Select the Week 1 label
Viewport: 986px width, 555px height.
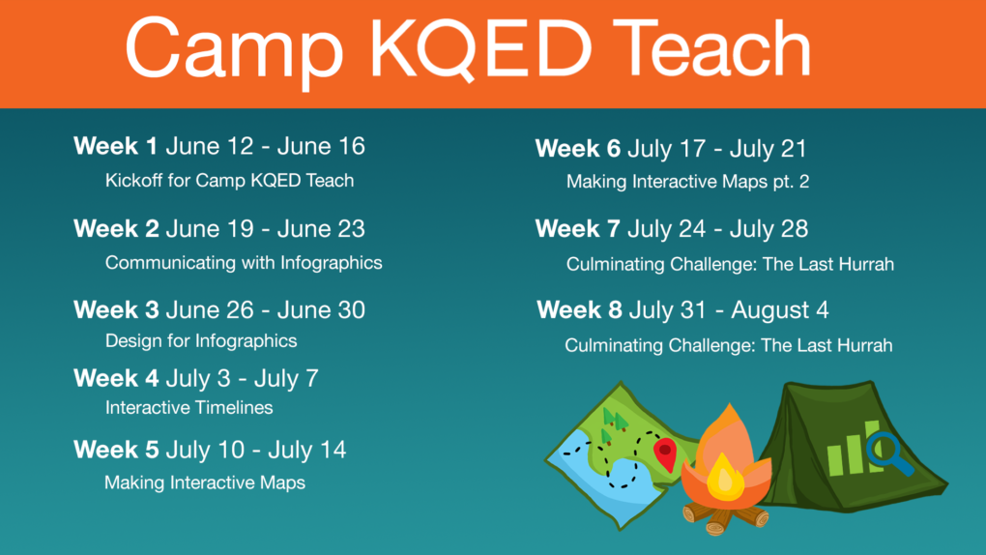click(x=115, y=147)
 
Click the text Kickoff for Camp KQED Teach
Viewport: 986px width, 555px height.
click(x=229, y=180)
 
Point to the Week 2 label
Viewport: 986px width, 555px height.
click(x=115, y=229)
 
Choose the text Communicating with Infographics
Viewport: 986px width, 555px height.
click(x=244, y=262)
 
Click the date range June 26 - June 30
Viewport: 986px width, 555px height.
click(x=265, y=310)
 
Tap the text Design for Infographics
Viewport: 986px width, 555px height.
click(x=201, y=340)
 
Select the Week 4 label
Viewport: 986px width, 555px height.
click(x=115, y=378)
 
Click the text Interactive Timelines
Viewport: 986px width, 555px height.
click(x=188, y=407)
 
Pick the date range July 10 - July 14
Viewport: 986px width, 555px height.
click(x=255, y=450)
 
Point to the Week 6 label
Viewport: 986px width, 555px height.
click(x=577, y=149)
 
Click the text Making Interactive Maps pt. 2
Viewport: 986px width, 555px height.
click(x=687, y=182)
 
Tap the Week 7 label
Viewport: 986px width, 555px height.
click(x=577, y=229)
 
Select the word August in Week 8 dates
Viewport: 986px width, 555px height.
click(x=771, y=310)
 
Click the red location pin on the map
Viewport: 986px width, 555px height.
click(x=664, y=453)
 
